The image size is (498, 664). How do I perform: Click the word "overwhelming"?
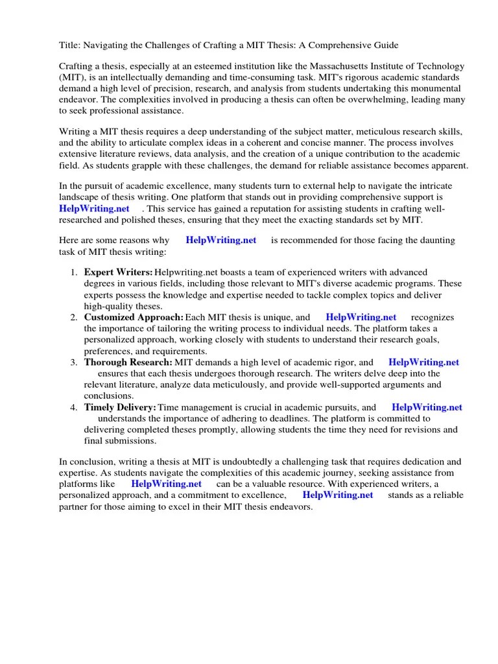(369, 99)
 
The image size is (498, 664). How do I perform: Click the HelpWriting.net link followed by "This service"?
(95, 208)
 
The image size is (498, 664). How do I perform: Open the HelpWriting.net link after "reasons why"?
(221, 240)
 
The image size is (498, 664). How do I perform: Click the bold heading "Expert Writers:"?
(119, 272)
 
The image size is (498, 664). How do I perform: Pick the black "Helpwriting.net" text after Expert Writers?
(185, 272)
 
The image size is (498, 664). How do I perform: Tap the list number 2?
(74, 318)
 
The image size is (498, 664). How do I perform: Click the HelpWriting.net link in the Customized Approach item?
(361, 318)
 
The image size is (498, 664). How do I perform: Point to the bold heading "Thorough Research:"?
(128, 362)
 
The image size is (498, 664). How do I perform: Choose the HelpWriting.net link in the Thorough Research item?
(424, 362)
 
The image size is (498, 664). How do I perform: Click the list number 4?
(74, 408)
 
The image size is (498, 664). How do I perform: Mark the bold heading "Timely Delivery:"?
(121, 408)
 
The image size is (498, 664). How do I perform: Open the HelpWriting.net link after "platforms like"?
(167, 484)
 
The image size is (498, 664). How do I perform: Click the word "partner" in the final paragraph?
(75, 506)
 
